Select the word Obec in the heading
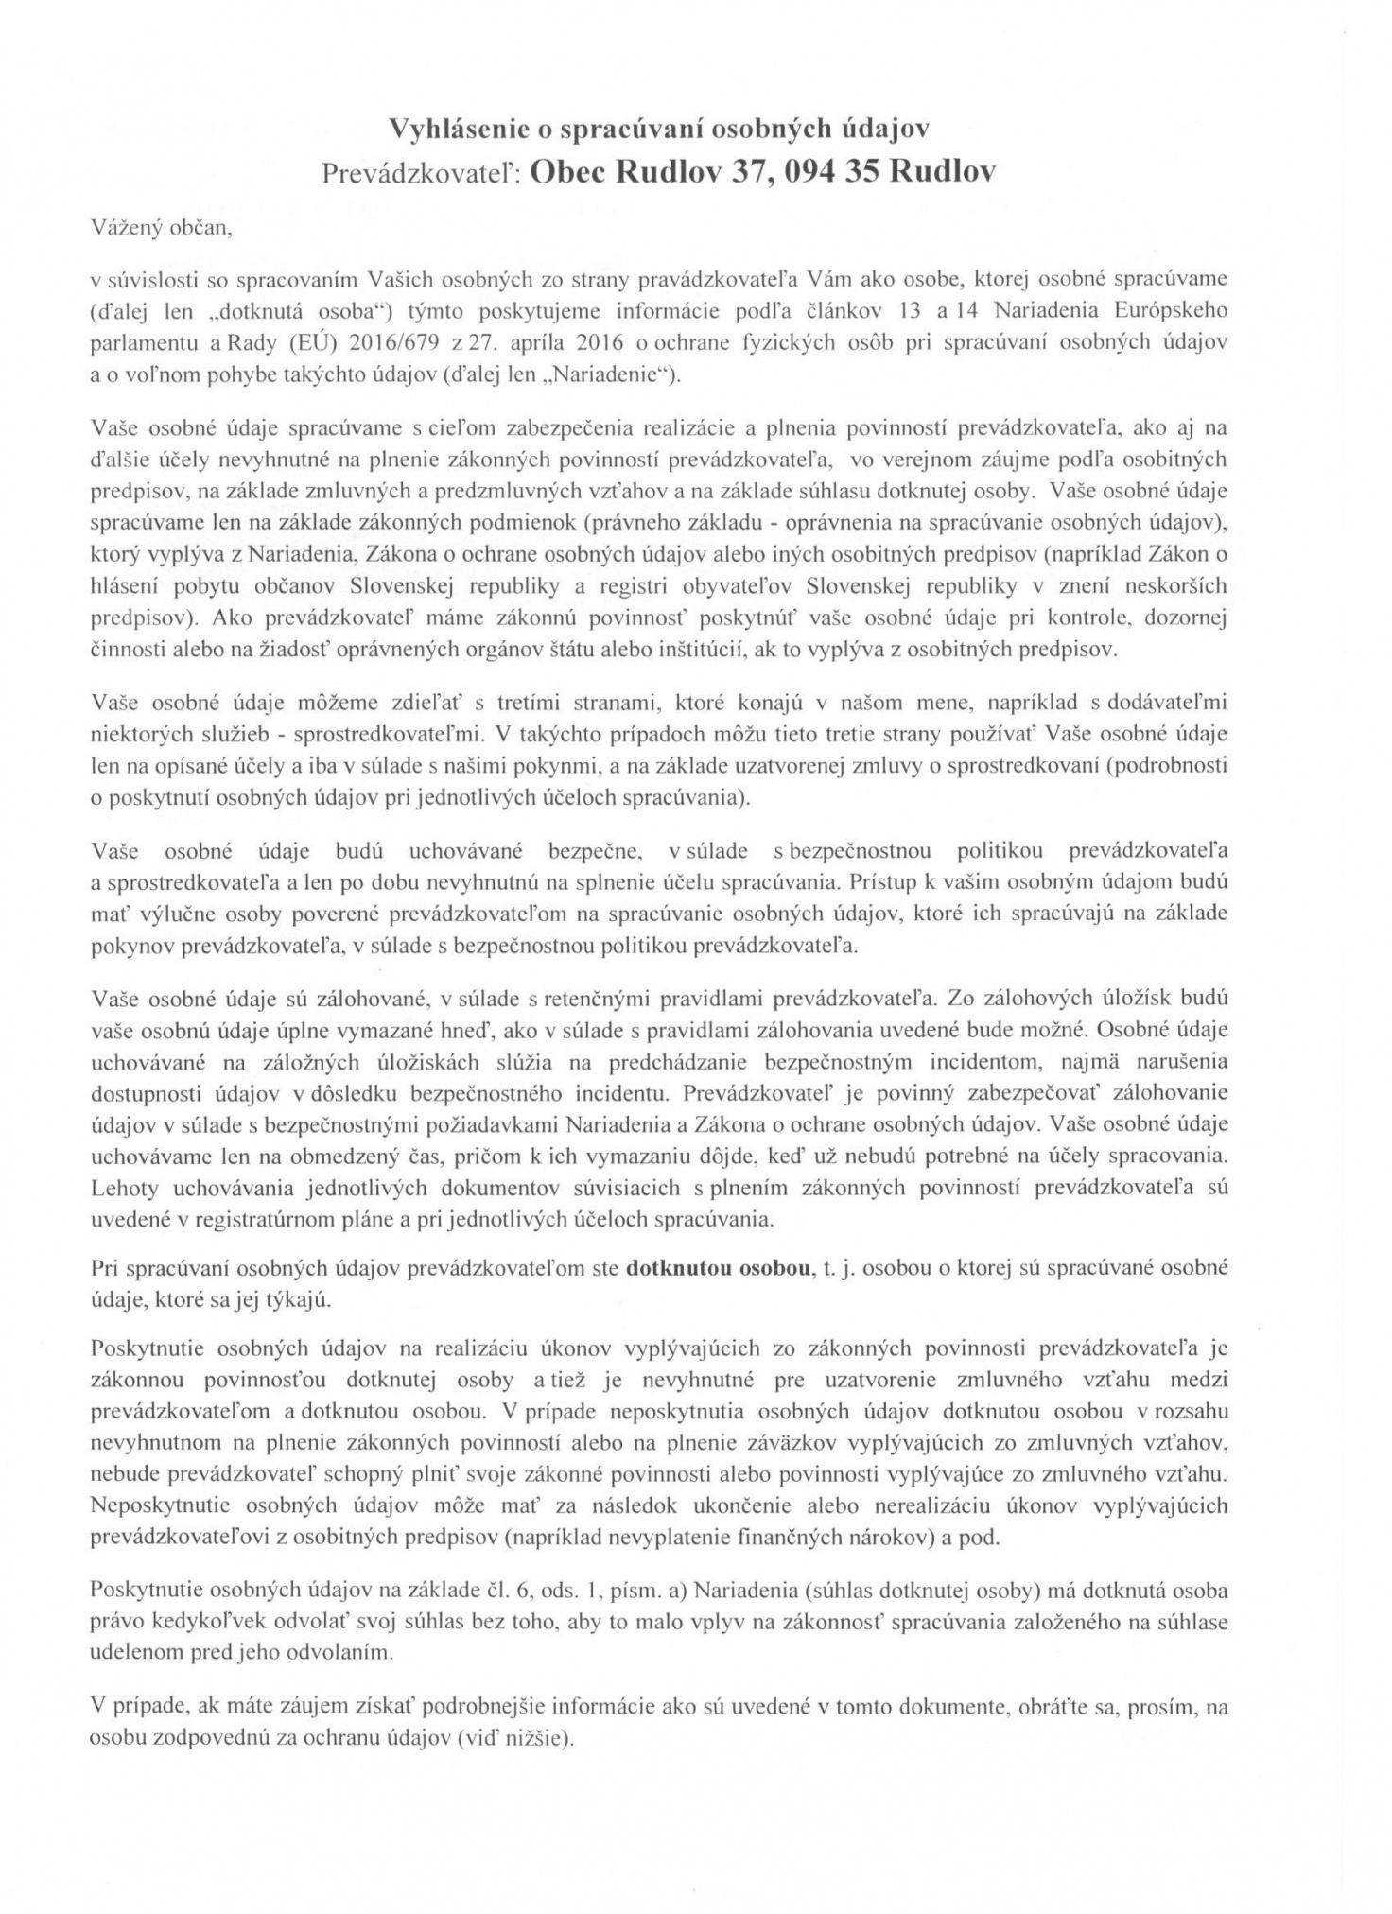pyautogui.click(x=568, y=172)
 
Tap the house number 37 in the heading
pyautogui.click(x=744, y=172)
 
